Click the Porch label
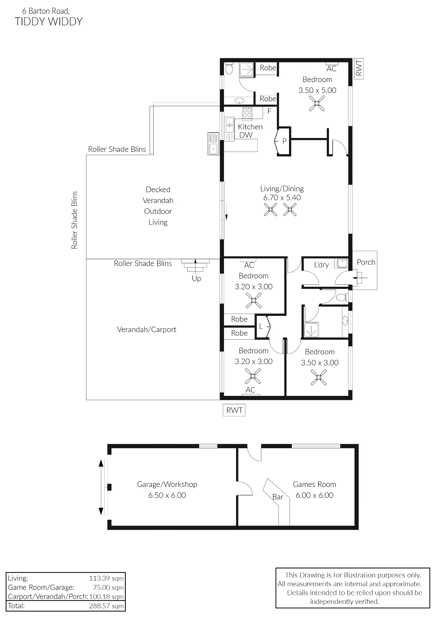point(366,262)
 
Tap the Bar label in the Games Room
point(278,497)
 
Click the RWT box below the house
point(234,410)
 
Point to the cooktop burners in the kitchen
point(247,113)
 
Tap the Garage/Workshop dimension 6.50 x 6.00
point(167,495)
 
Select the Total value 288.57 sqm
point(106,606)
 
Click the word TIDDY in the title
point(29,22)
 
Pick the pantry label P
point(284,141)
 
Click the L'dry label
point(321,265)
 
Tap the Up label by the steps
point(196,279)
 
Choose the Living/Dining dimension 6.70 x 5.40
point(282,197)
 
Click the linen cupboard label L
point(261,326)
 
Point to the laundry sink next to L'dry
point(342,263)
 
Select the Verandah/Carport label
point(147,330)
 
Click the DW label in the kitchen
point(246,135)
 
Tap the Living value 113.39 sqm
point(106,578)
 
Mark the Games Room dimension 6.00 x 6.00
point(314,495)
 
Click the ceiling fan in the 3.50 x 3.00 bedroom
point(318,378)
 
